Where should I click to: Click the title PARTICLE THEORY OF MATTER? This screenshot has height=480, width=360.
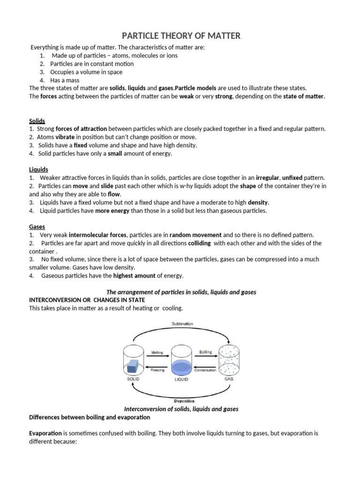[x=182, y=36]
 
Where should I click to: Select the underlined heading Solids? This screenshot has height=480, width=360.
[x=37, y=120]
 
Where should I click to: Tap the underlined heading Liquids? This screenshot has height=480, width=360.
[x=38, y=169]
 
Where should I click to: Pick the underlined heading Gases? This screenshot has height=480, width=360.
[x=37, y=226]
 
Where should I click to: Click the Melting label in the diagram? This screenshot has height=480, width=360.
[x=157, y=352]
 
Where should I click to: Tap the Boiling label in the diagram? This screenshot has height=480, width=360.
[x=205, y=352]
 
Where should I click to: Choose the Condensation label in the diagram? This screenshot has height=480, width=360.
[x=205, y=370]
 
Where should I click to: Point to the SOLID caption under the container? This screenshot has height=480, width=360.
[x=134, y=379]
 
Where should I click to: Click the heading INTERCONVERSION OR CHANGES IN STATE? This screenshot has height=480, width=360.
[x=87, y=300]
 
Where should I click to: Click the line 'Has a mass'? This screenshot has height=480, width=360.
[x=67, y=80]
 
